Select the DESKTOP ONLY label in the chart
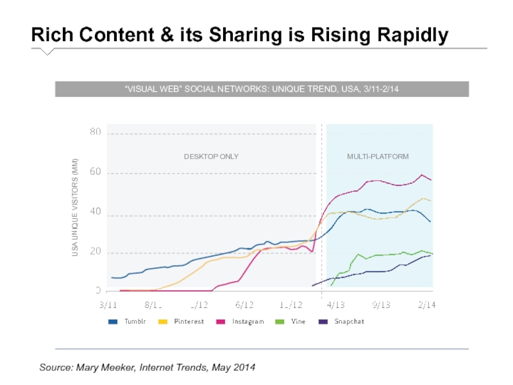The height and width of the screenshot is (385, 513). pyautogui.click(x=211, y=157)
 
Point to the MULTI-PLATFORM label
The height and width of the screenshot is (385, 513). pyautogui.click(x=378, y=157)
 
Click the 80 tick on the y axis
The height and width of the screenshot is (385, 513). pyautogui.click(x=95, y=132)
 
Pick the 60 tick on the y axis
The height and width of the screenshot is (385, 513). pyautogui.click(x=95, y=173)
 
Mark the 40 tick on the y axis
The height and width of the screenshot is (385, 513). pyautogui.click(x=95, y=212)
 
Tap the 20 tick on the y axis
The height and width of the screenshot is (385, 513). pyautogui.click(x=95, y=252)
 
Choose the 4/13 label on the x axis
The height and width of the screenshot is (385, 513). pyautogui.click(x=335, y=305)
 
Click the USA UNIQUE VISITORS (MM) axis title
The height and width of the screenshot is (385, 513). pyautogui.click(x=75, y=207)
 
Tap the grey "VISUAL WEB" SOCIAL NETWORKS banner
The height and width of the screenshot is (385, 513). pyautogui.click(x=262, y=89)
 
